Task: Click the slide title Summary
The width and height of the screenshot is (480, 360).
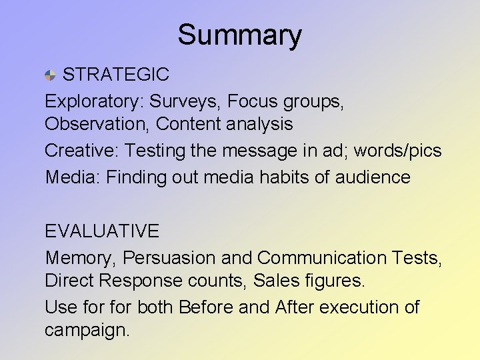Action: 239,35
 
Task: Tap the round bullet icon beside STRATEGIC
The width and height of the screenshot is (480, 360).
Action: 51,75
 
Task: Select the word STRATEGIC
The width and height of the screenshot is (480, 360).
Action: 115,75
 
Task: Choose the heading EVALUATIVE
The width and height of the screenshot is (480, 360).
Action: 102,231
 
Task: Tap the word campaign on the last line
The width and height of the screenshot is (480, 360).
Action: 87,331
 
